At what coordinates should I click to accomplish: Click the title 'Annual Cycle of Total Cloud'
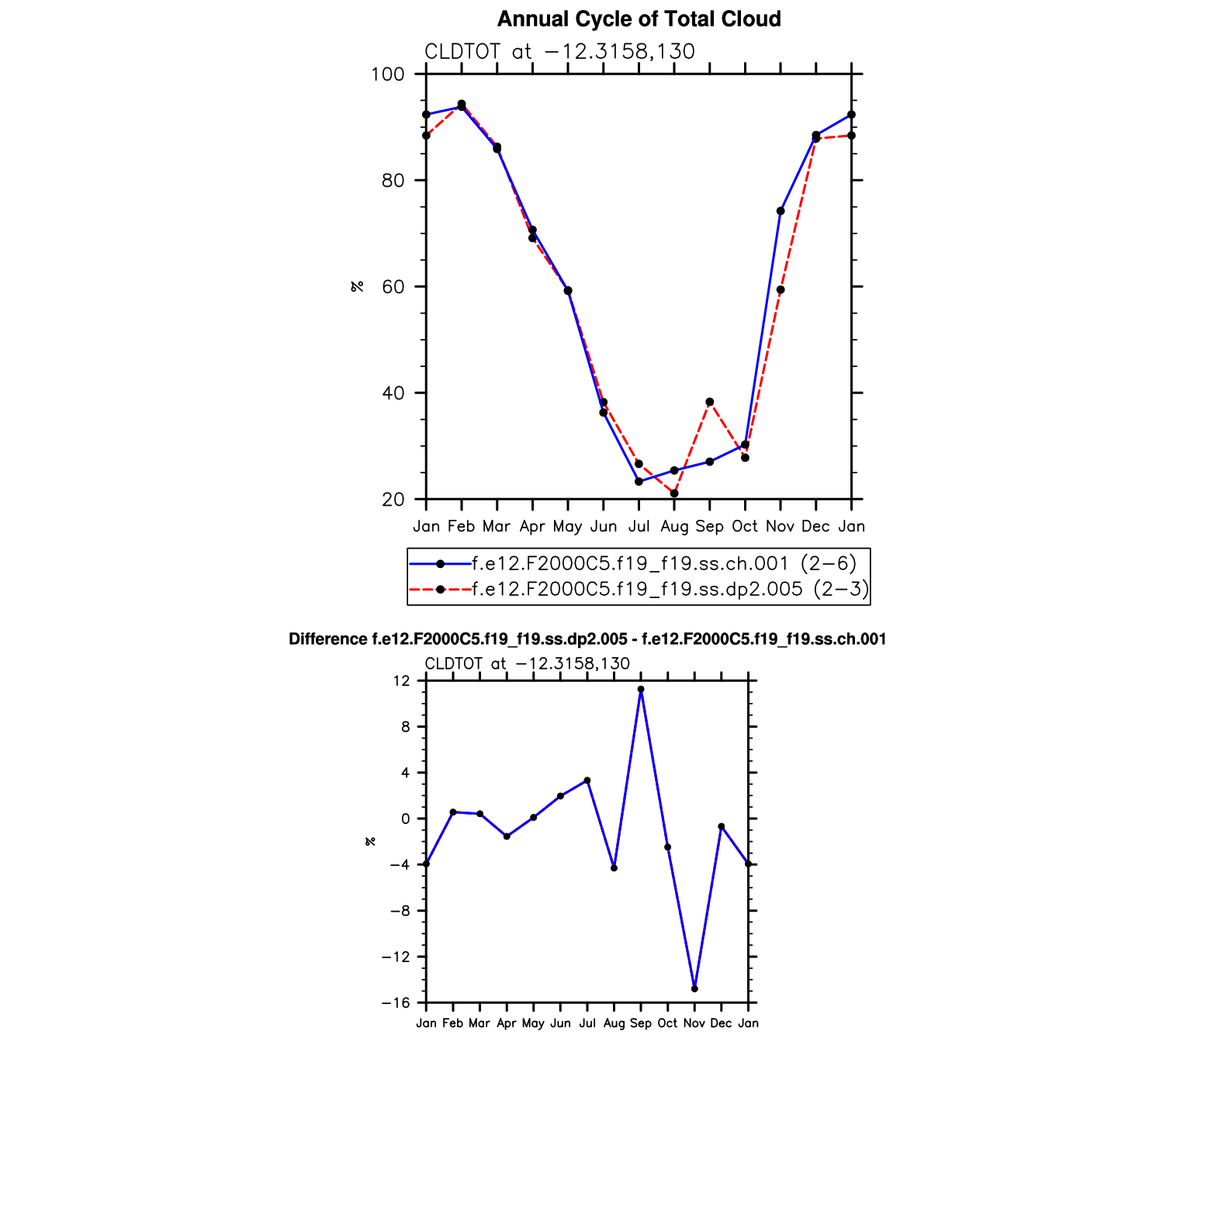click(x=639, y=19)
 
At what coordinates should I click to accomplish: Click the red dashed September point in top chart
click(x=709, y=402)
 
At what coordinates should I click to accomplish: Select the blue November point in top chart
click(x=781, y=211)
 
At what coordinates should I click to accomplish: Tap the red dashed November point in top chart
click(x=781, y=290)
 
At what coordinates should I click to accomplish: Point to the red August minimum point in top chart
click(x=674, y=493)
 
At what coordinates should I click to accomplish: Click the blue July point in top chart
click(x=639, y=481)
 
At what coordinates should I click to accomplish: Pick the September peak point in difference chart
click(x=641, y=689)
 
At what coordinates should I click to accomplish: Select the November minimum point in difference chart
click(x=694, y=988)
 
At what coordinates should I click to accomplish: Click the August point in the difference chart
click(x=614, y=868)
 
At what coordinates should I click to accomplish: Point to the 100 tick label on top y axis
click(x=388, y=74)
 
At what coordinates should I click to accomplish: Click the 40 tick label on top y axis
click(x=393, y=393)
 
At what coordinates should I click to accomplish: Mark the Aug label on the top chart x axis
click(x=674, y=527)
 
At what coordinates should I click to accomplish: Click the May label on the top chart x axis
click(x=567, y=527)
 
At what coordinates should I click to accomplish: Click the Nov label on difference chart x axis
click(x=694, y=1023)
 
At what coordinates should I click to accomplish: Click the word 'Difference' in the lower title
click(x=328, y=639)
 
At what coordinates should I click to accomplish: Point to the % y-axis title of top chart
click(x=358, y=286)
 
